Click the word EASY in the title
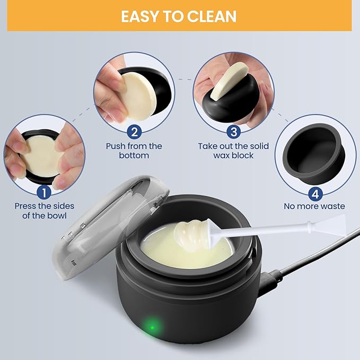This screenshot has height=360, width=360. click(x=139, y=16)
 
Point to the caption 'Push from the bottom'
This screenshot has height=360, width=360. click(x=134, y=151)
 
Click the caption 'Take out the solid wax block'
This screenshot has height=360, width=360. click(x=233, y=151)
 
